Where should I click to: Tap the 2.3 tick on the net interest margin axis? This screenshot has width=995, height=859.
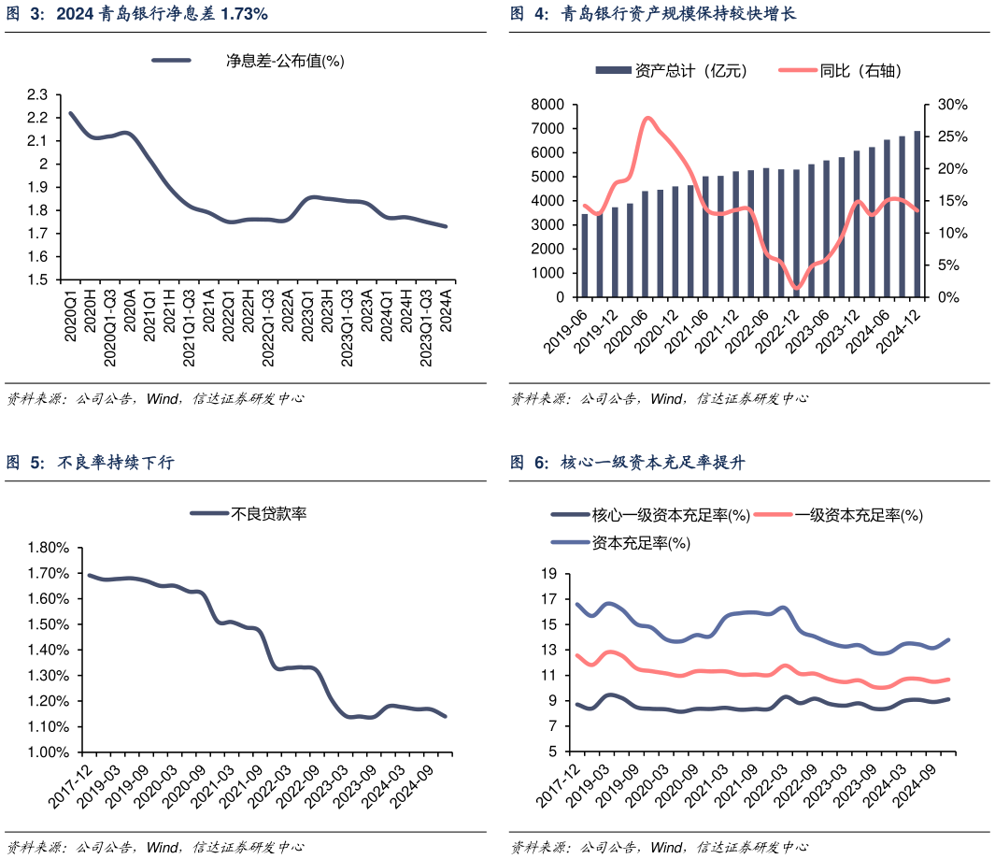pos(37,94)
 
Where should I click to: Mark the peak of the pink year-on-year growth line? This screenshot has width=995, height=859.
pos(648,118)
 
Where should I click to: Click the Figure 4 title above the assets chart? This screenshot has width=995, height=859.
pos(653,14)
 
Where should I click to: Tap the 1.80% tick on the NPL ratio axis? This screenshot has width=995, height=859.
pos(49,548)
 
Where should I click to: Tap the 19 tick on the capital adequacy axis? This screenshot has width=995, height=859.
pos(549,573)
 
